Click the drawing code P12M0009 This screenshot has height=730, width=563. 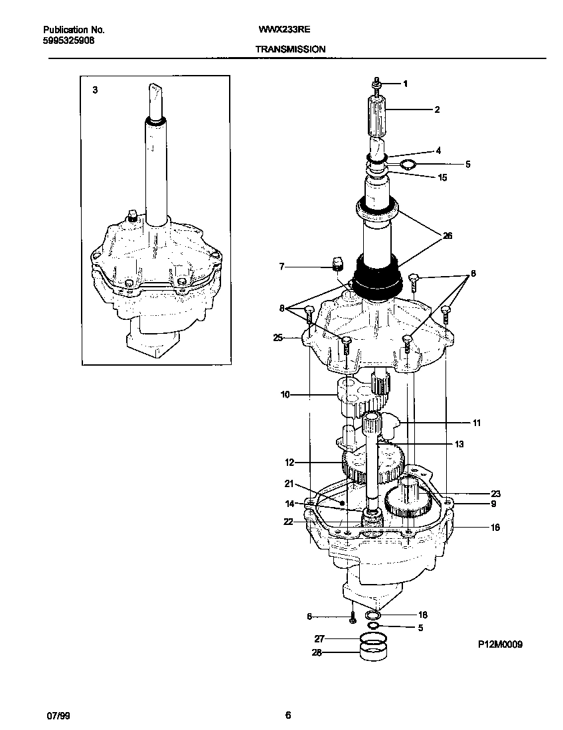(499, 644)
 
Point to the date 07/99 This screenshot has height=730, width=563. (58, 715)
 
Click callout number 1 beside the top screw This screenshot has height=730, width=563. (405, 84)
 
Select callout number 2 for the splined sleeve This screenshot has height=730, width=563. (436, 110)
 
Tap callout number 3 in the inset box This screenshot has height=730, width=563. (95, 90)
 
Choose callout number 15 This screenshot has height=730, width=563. (442, 177)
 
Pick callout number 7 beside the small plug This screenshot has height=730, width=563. (281, 267)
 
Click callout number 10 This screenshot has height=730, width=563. (285, 395)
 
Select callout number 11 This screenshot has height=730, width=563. (476, 422)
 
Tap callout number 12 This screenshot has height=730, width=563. (289, 462)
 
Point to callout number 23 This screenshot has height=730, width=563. (495, 494)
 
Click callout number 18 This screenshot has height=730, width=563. (422, 615)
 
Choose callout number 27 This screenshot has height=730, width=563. (319, 639)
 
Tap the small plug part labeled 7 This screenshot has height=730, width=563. (336, 263)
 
